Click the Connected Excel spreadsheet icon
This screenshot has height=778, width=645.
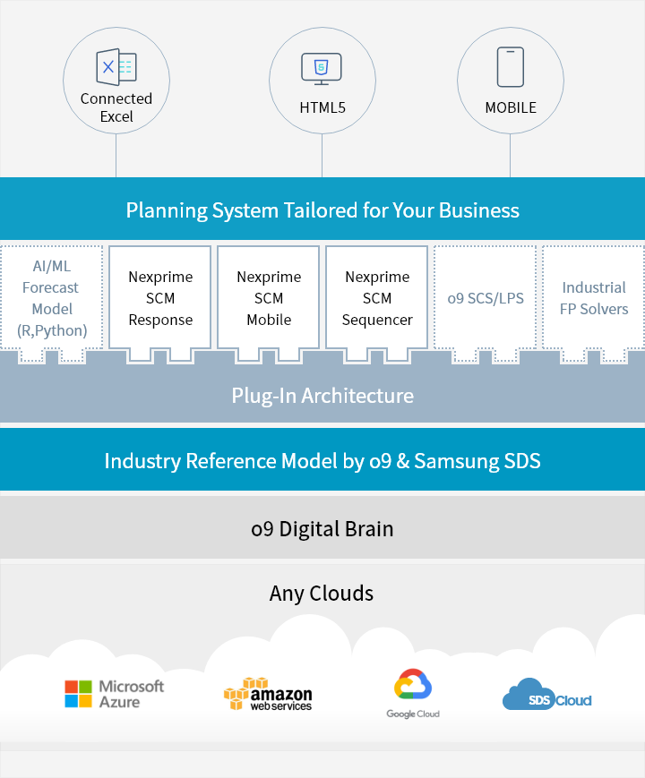coord(116,67)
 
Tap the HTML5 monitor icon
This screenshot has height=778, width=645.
coord(322,68)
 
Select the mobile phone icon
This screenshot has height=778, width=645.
coord(510,66)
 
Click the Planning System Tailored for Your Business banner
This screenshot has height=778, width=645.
coord(322,210)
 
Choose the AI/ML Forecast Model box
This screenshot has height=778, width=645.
coord(51,298)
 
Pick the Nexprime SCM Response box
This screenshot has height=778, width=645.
coord(160,298)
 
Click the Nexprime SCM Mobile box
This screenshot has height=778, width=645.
coord(269,298)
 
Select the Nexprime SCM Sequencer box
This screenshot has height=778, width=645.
coord(377,298)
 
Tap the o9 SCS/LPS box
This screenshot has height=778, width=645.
coord(486,298)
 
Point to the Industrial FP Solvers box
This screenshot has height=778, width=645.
coord(594,298)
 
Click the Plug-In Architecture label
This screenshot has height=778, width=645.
coord(322,396)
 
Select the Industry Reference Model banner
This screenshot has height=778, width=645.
coord(322,461)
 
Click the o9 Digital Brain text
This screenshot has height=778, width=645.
coord(322,528)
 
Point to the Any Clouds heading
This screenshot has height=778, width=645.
coord(322,593)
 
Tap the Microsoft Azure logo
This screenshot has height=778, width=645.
coord(115,695)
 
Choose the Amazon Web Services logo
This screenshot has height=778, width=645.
coord(268,695)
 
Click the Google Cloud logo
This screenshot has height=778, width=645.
coord(413,694)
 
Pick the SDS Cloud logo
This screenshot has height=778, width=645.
coord(546,696)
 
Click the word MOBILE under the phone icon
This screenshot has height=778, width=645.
coord(511,107)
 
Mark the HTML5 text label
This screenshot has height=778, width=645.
coord(322,107)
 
